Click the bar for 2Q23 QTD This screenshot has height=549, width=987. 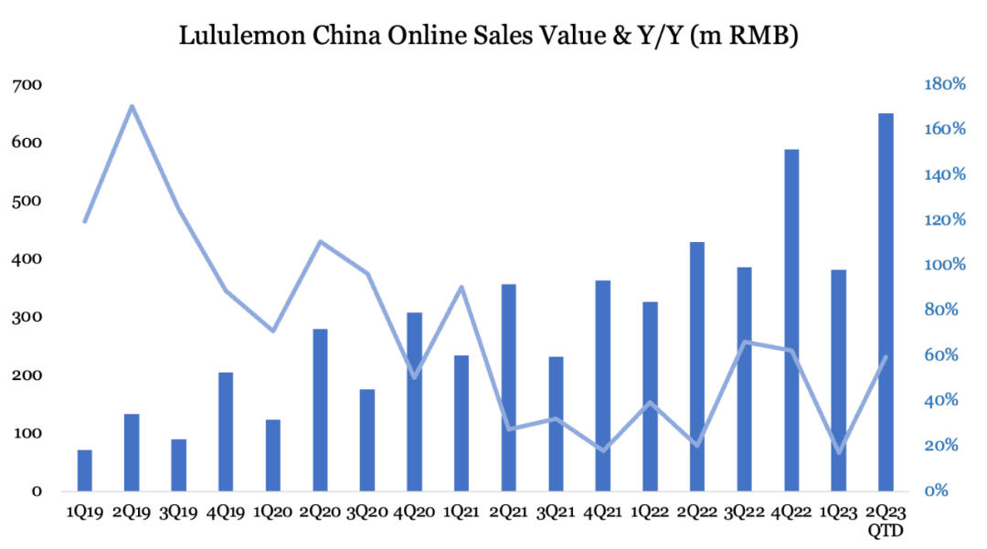pos(886,302)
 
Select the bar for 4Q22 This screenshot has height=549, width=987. pos(791,320)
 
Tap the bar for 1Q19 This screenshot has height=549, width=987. pos(85,470)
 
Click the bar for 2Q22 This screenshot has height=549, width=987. pos(697,365)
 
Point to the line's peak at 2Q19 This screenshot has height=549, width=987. pos(132,106)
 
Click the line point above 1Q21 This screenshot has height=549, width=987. pos(462,287)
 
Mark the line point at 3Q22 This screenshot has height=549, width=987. pos(745,342)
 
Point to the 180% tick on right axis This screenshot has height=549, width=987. pos(944,84)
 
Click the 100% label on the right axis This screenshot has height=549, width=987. pos(944,265)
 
